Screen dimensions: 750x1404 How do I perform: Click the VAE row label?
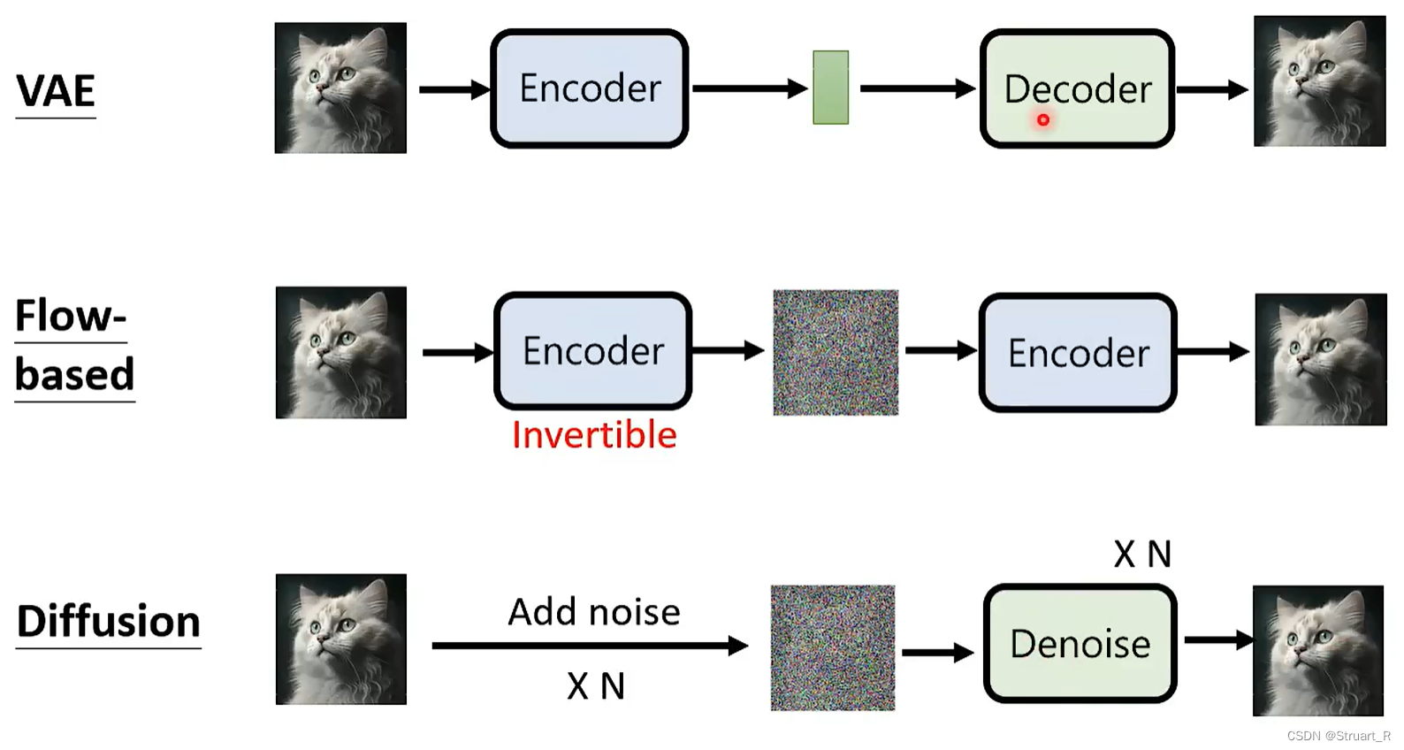click(x=56, y=91)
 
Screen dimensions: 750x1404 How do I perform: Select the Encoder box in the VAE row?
click(x=590, y=88)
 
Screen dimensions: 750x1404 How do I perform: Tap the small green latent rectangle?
click(x=830, y=88)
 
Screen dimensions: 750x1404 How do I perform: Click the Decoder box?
click(x=1077, y=88)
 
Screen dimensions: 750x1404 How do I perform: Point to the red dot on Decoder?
click(x=1043, y=119)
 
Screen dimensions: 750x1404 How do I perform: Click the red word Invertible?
click(x=594, y=435)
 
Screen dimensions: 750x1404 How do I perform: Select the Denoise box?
click(x=1080, y=643)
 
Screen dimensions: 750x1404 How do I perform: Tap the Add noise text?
click(x=594, y=612)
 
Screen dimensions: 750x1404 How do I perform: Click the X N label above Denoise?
click(x=1142, y=555)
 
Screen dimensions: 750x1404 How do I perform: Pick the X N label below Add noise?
click(x=596, y=686)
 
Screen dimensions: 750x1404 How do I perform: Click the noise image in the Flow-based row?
click(x=836, y=352)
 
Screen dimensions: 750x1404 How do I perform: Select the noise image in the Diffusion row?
click(x=833, y=647)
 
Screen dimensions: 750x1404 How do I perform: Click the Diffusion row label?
click(x=108, y=622)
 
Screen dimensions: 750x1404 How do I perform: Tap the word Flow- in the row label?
click(x=71, y=316)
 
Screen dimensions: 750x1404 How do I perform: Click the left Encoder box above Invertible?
click(x=592, y=351)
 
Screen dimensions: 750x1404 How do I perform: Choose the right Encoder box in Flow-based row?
click(x=1078, y=353)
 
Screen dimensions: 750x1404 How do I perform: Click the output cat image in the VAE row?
click(x=1319, y=81)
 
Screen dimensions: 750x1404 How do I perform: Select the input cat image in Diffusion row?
click(x=341, y=639)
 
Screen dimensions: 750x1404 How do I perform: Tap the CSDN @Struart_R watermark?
click(x=1339, y=736)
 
